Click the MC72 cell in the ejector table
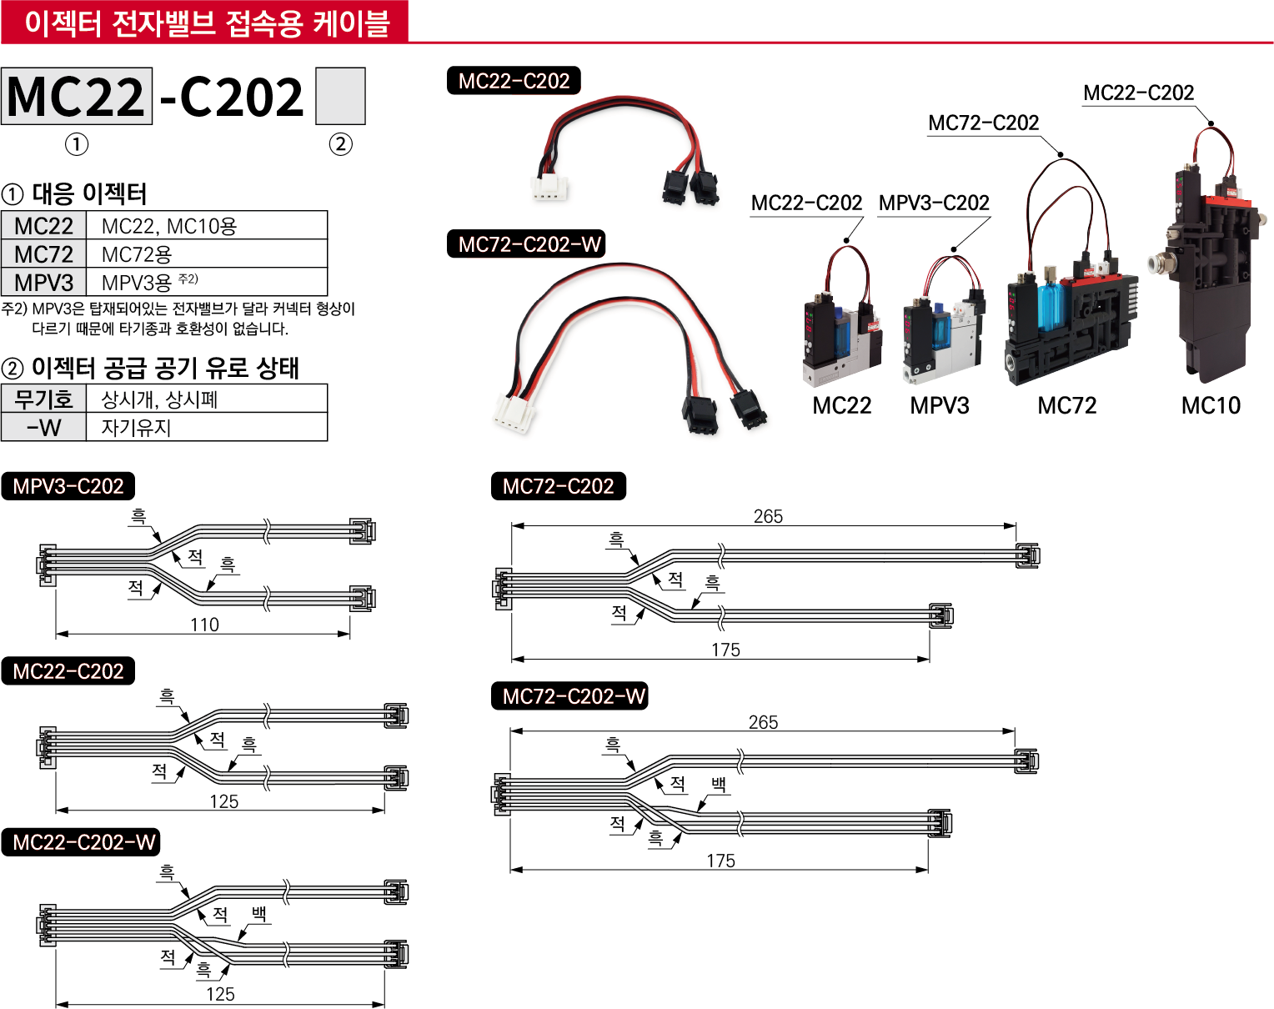click(44, 254)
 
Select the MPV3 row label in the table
click(44, 283)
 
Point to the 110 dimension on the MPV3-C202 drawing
click(204, 625)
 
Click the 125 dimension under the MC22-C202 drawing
click(223, 801)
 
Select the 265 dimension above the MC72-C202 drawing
click(768, 516)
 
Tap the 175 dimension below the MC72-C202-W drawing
click(721, 861)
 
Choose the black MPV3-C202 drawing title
click(68, 486)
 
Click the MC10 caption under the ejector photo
click(1211, 406)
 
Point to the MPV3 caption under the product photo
click(940, 406)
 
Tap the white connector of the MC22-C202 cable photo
click(549, 188)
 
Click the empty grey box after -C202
click(340, 96)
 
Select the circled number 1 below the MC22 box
click(77, 144)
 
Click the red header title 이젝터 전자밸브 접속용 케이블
click(207, 23)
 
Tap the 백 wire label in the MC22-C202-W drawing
click(259, 914)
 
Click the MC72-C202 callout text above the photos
click(984, 123)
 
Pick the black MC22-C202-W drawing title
click(84, 842)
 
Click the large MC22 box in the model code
click(77, 96)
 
